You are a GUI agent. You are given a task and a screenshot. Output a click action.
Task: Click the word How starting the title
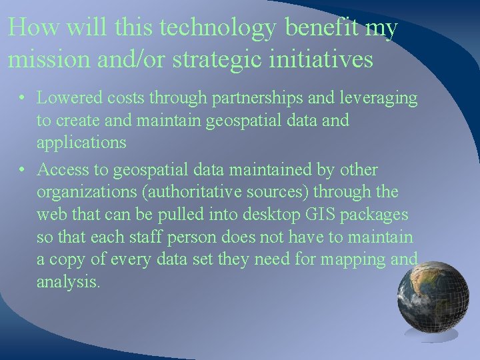(x=27, y=29)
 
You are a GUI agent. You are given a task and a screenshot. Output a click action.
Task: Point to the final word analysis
(x=69, y=283)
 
